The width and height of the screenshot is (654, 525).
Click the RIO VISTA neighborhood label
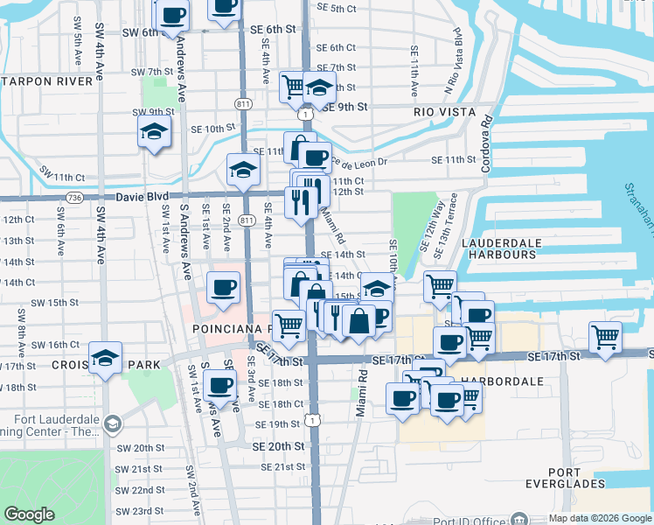point(444,112)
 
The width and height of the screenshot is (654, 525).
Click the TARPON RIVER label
point(47,81)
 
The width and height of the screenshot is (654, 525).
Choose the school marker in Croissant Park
point(105,357)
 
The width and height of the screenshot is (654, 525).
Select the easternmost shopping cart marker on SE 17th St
point(605,336)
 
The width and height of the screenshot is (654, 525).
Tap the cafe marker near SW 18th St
point(219,386)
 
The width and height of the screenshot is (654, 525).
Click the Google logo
point(29,514)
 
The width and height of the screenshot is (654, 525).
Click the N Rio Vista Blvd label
point(453,59)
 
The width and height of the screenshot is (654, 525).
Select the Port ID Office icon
point(519,518)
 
